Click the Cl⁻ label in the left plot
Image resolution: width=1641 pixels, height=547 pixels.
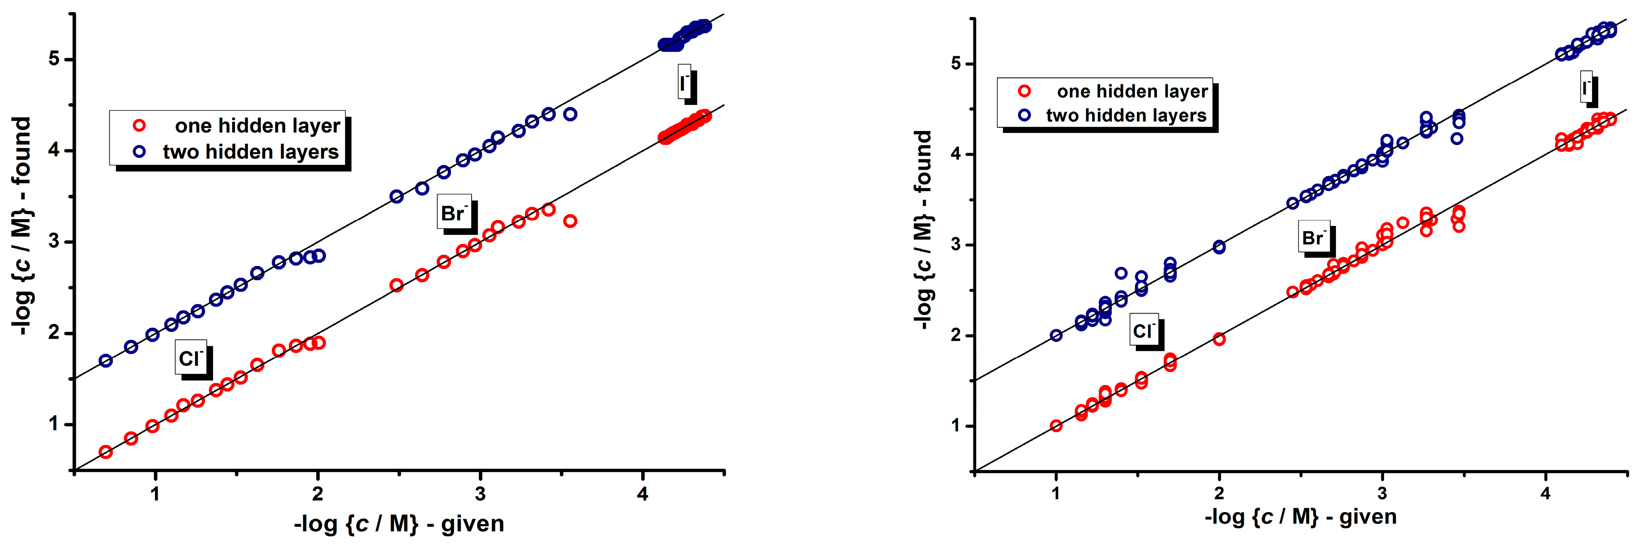tap(191, 358)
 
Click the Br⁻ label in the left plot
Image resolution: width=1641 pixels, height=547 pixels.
tap(454, 213)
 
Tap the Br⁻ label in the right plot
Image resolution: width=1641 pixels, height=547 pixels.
tap(1314, 237)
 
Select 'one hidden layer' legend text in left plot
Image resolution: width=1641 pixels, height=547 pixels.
tap(257, 126)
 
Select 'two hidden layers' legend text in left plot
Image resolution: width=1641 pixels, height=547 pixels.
tap(251, 152)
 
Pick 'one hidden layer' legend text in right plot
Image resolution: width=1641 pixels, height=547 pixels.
tap(1132, 92)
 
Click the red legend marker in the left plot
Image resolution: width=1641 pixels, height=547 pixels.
tap(139, 126)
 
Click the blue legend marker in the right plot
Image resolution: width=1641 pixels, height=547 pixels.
tap(1024, 115)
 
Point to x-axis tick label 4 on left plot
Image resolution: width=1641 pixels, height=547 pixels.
tap(643, 494)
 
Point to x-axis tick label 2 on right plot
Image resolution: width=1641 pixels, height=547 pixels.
tap(1219, 493)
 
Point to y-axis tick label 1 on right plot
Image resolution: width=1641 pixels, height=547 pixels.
tap(956, 426)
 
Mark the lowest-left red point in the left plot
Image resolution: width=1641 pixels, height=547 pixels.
tap(106, 452)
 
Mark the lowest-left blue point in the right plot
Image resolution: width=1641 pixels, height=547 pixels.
tap(1056, 335)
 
